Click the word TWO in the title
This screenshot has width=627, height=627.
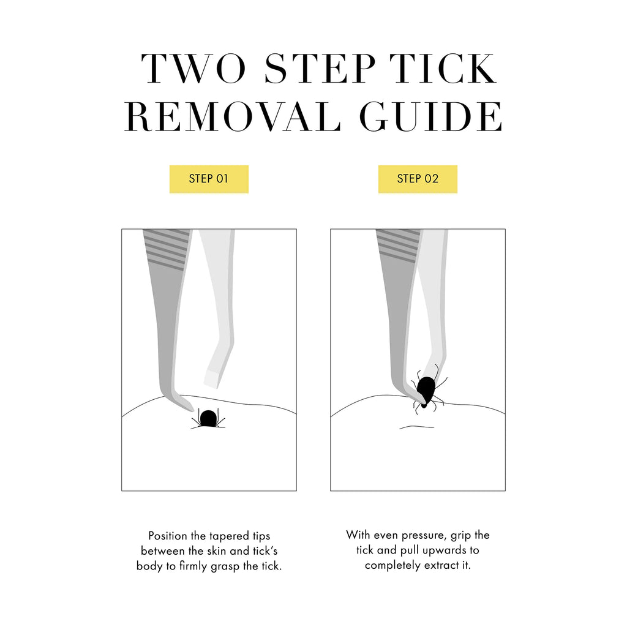[x=193, y=69]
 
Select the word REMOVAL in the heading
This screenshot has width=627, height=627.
[x=232, y=116]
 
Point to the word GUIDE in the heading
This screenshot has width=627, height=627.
[x=430, y=116]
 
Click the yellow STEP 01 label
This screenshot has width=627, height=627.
[x=209, y=179]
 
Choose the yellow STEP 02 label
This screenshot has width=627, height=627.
[x=418, y=179]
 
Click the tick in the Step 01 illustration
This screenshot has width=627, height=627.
[x=208, y=419]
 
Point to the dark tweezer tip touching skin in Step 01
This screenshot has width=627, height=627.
[x=186, y=405]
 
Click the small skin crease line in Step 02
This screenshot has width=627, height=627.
[x=416, y=427]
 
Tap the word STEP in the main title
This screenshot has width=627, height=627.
[x=320, y=69]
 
